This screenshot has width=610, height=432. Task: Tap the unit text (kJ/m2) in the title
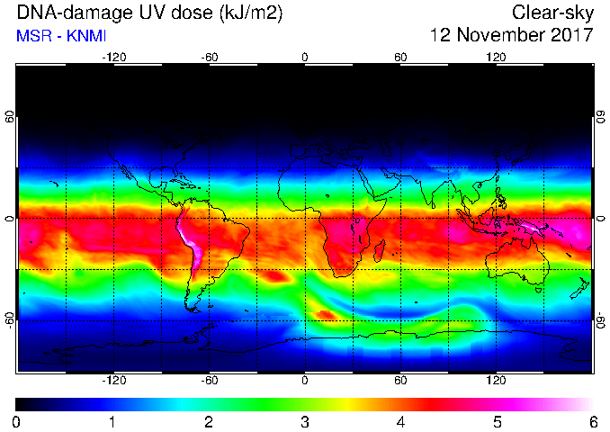250,13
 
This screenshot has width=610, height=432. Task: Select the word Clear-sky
552,13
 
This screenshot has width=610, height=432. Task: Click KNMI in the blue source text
86,36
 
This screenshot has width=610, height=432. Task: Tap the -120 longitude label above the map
114,58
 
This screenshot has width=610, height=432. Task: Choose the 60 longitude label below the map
400,380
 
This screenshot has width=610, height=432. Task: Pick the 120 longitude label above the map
496,58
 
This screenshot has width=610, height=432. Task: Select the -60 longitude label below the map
210,380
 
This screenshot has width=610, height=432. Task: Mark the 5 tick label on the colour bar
498,422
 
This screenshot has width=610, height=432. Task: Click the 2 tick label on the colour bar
209,422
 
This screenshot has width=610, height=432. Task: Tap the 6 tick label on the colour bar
593,422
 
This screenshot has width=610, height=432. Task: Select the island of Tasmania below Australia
538,291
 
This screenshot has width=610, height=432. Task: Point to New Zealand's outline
580,288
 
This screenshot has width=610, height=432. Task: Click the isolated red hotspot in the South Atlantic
275,276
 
